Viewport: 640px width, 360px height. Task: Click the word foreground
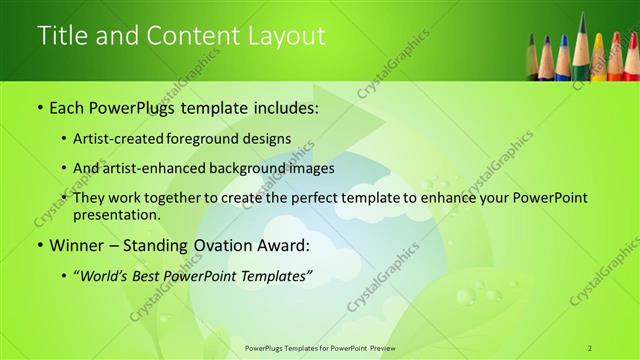(x=212, y=138)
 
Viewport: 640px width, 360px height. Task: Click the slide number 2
(x=590, y=348)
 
